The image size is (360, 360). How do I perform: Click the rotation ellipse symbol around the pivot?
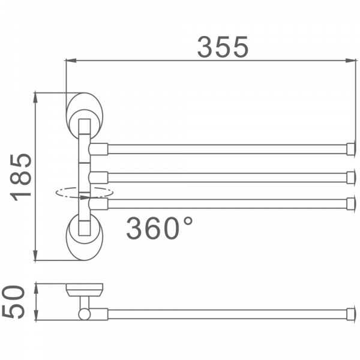84,193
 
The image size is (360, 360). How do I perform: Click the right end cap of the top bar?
349,148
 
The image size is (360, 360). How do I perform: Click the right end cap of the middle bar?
349,176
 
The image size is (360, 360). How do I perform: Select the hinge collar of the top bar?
98,148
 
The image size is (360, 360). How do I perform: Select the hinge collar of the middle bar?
98,176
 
